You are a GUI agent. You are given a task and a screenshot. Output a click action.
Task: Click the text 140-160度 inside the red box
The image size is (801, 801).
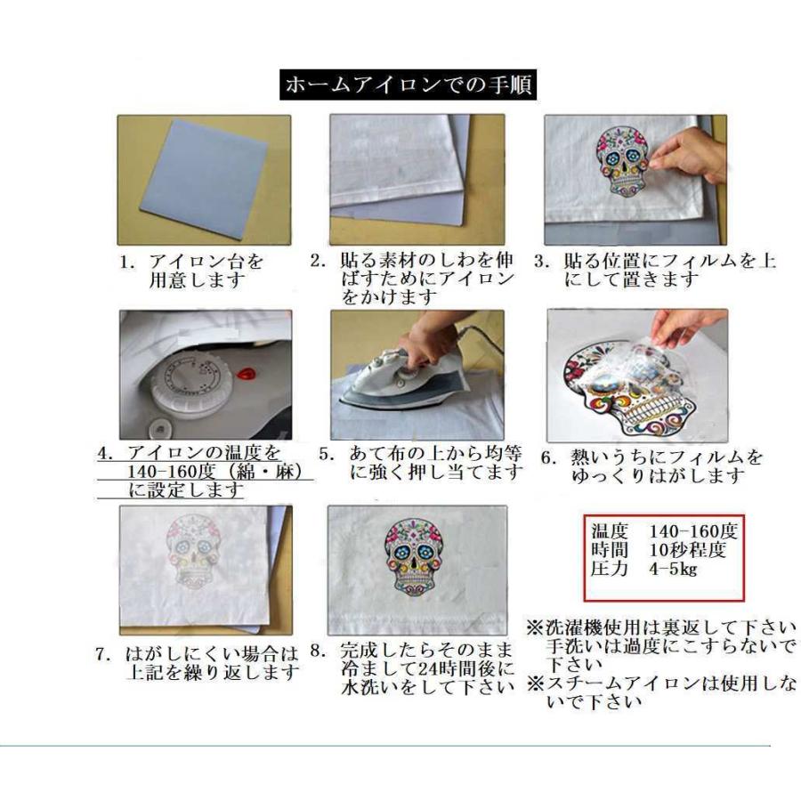pyautogui.click(x=694, y=533)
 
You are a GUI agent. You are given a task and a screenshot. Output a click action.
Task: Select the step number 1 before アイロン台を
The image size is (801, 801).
pyautogui.click(x=128, y=263)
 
